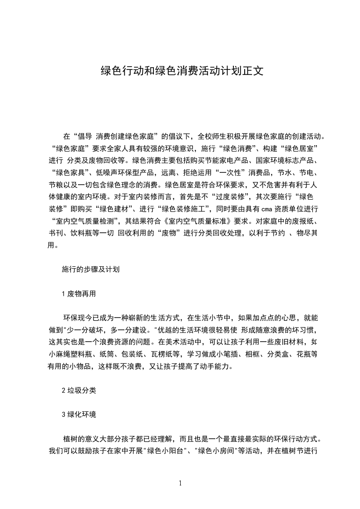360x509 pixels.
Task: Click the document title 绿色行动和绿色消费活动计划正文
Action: click(180, 71)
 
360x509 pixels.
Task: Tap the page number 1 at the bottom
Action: click(180, 483)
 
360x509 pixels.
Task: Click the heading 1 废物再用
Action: click(79, 294)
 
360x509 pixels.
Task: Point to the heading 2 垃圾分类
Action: click(79, 390)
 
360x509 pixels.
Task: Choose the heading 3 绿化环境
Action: click(79, 415)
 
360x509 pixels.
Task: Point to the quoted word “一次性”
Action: click(231, 172)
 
